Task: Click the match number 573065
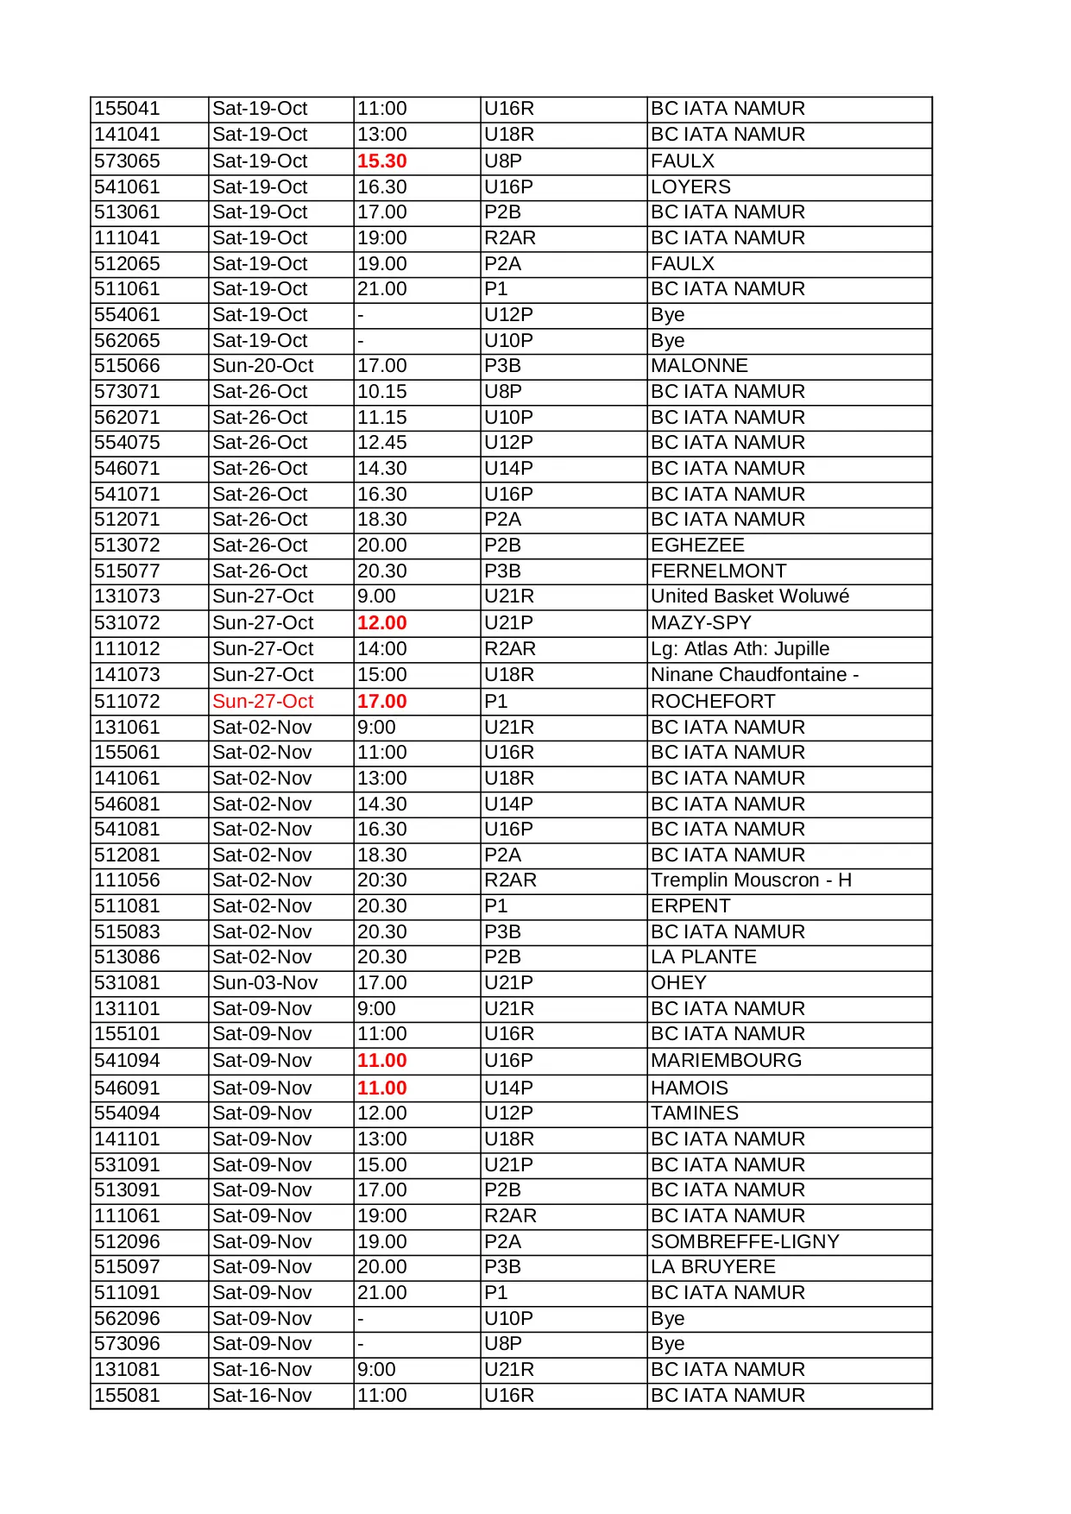(x=127, y=161)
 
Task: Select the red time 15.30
(x=381, y=161)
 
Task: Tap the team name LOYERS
(x=690, y=187)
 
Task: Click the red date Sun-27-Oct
(x=262, y=702)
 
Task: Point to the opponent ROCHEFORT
(x=713, y=702)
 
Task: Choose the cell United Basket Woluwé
(x=749, y=596)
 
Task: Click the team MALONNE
(x=699, y=366)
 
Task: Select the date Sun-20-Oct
(x=262, y=366)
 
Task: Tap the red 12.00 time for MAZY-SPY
(x=381, y=623)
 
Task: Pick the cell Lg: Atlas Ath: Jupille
(x=740, y=649)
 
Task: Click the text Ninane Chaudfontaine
(x=749, y=675)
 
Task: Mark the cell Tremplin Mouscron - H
(x=751, y=880)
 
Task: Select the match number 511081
(x=127, y=906)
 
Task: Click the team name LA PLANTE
(x=703, y=957)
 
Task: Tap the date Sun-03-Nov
(x=265, y=983)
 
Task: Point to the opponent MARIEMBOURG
(x=726, y=1061)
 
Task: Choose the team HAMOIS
(x=690, y=1088)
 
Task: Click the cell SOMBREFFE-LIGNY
(x=745, y=1242)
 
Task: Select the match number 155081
(x=127, y=1396)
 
